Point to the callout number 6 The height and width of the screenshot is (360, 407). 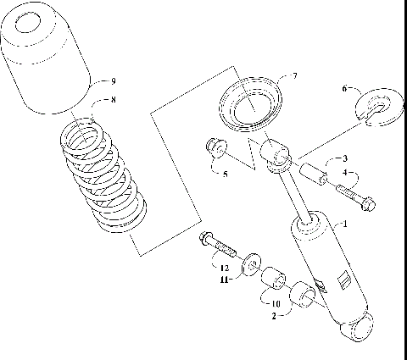[345, 88]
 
